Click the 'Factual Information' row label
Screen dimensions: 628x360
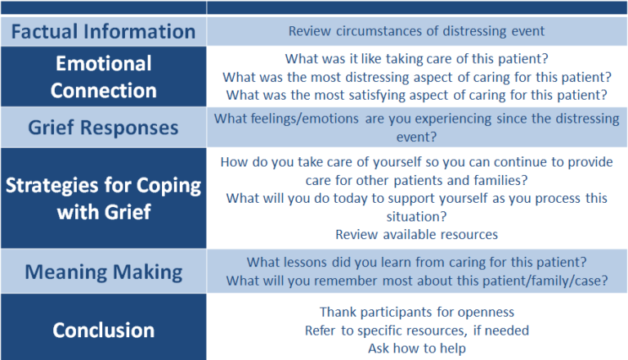[103, 32]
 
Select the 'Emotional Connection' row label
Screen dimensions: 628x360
[103, 77]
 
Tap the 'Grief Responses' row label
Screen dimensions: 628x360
[103, 128]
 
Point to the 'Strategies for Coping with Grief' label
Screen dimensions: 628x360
[103, 199]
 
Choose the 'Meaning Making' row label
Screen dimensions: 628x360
[103, 272]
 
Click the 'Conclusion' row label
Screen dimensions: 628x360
[103, 331]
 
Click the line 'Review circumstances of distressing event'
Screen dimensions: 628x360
[416, 31]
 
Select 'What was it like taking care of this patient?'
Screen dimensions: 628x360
[416, 59]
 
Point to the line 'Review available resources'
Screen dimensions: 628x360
[416, 235]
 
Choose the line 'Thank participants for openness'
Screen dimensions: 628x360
[416, 313]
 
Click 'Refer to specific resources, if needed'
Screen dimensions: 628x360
[416, 331]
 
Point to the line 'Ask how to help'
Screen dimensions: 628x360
[416, 349]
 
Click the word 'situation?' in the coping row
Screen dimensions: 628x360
[416, 217]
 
